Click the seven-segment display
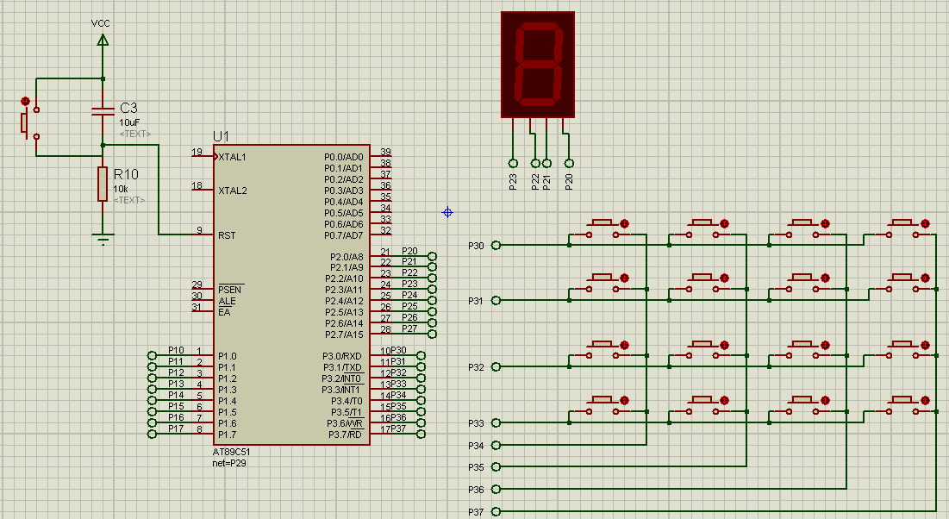tap(538, 65)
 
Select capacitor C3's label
tap(128, 108)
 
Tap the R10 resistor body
tap(103, 184)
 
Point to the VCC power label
tap(102, 22)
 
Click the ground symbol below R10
tap(103, 240)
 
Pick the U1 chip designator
tap(222, 136)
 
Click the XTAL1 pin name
tap(233, 157)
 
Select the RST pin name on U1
tap(228, 234)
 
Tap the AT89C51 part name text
tap(232, 452)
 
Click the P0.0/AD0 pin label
tap(344, 157)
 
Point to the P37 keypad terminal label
tap(476, 512)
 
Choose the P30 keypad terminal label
tap(476, 246)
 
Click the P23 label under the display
tap(513, 181)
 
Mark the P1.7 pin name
tap(228, 434)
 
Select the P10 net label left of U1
tap(176, 350)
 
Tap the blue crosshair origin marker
tap(447, 212)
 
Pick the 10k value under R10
tap(121, 189)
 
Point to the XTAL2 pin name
tap(233, 190)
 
